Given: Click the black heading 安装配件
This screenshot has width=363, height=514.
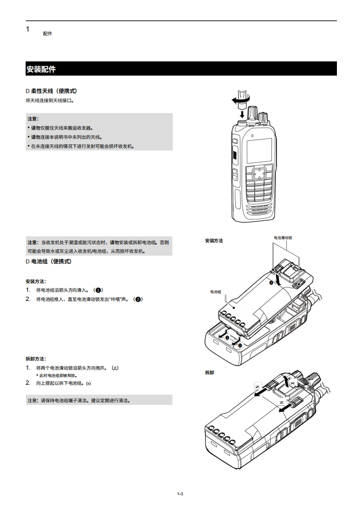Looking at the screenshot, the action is point(41,69).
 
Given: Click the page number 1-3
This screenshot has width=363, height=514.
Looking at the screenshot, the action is point(180,494).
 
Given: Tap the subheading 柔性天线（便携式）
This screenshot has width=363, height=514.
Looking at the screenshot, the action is point(54,91).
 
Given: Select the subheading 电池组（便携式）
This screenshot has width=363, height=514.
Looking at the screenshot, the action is point(51,262).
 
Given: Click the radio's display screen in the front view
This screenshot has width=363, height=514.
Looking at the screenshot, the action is point(259,150).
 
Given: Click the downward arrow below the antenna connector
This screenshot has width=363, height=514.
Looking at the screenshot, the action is point(242,114).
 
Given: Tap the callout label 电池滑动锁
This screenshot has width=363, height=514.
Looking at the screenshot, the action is point(283,238).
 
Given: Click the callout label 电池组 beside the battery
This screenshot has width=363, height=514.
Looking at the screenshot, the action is point(216,292).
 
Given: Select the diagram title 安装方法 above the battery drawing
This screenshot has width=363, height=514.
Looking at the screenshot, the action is point(214,241).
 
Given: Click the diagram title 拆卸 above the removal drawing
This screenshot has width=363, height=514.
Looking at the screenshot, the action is point(210,373).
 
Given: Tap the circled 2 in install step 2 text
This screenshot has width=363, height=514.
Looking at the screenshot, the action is point(138,299).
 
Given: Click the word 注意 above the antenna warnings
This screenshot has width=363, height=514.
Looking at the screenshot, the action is point(33,119).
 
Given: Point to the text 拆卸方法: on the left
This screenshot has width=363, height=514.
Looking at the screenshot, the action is point(36,359).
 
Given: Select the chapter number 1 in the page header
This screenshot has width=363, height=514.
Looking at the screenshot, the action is point(28,29).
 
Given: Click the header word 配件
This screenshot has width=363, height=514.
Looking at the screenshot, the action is point(48,34).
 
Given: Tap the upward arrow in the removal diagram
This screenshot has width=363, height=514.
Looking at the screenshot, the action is point(287,382).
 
